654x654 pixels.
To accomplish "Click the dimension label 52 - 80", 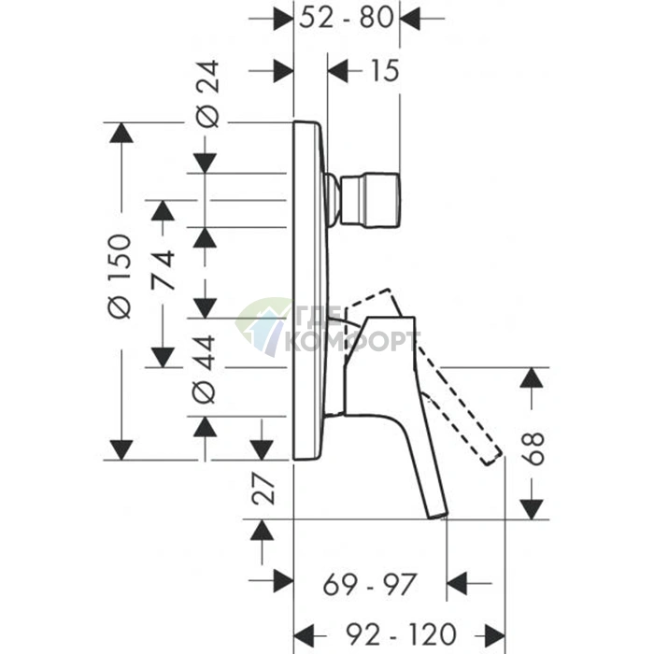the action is [347, 18].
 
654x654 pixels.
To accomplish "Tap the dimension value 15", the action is [385, 71].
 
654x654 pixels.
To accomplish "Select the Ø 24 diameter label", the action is [207, 93].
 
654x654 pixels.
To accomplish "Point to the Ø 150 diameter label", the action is [121, 277].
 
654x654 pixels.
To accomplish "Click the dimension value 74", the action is [163, 270].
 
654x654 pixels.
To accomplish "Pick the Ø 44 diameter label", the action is [204, 370].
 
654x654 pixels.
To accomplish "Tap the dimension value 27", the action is [263, 489].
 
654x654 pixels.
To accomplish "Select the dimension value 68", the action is [533, 448].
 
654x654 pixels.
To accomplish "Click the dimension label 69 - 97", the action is [370, 585].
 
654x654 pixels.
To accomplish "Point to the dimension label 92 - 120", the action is [401, 634].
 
